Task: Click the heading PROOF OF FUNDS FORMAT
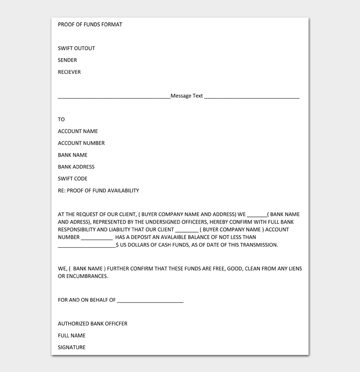(x=90, y=25)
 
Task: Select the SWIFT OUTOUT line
(x=76, y=48)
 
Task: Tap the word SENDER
(x=67, y=60)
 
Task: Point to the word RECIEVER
(x=69, y=72)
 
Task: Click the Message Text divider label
(x=187, y=96)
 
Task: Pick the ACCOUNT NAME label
(x=78, y=131)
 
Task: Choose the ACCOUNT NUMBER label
(x=81, y=143)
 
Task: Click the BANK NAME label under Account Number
(x=73, y=155)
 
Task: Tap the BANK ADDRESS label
(x=76, y=166)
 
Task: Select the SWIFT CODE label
(x=73, y=178)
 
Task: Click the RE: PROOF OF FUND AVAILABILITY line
(x=98, y=191)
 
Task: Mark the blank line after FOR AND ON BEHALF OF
(x=150, y=301)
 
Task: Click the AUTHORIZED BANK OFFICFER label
(x=93, y=324)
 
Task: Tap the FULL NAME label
(x=71, y=336)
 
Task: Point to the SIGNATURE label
(x=71, y=347)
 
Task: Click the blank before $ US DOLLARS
(x=87, y=246)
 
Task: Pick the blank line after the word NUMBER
(x=97, y=238)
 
